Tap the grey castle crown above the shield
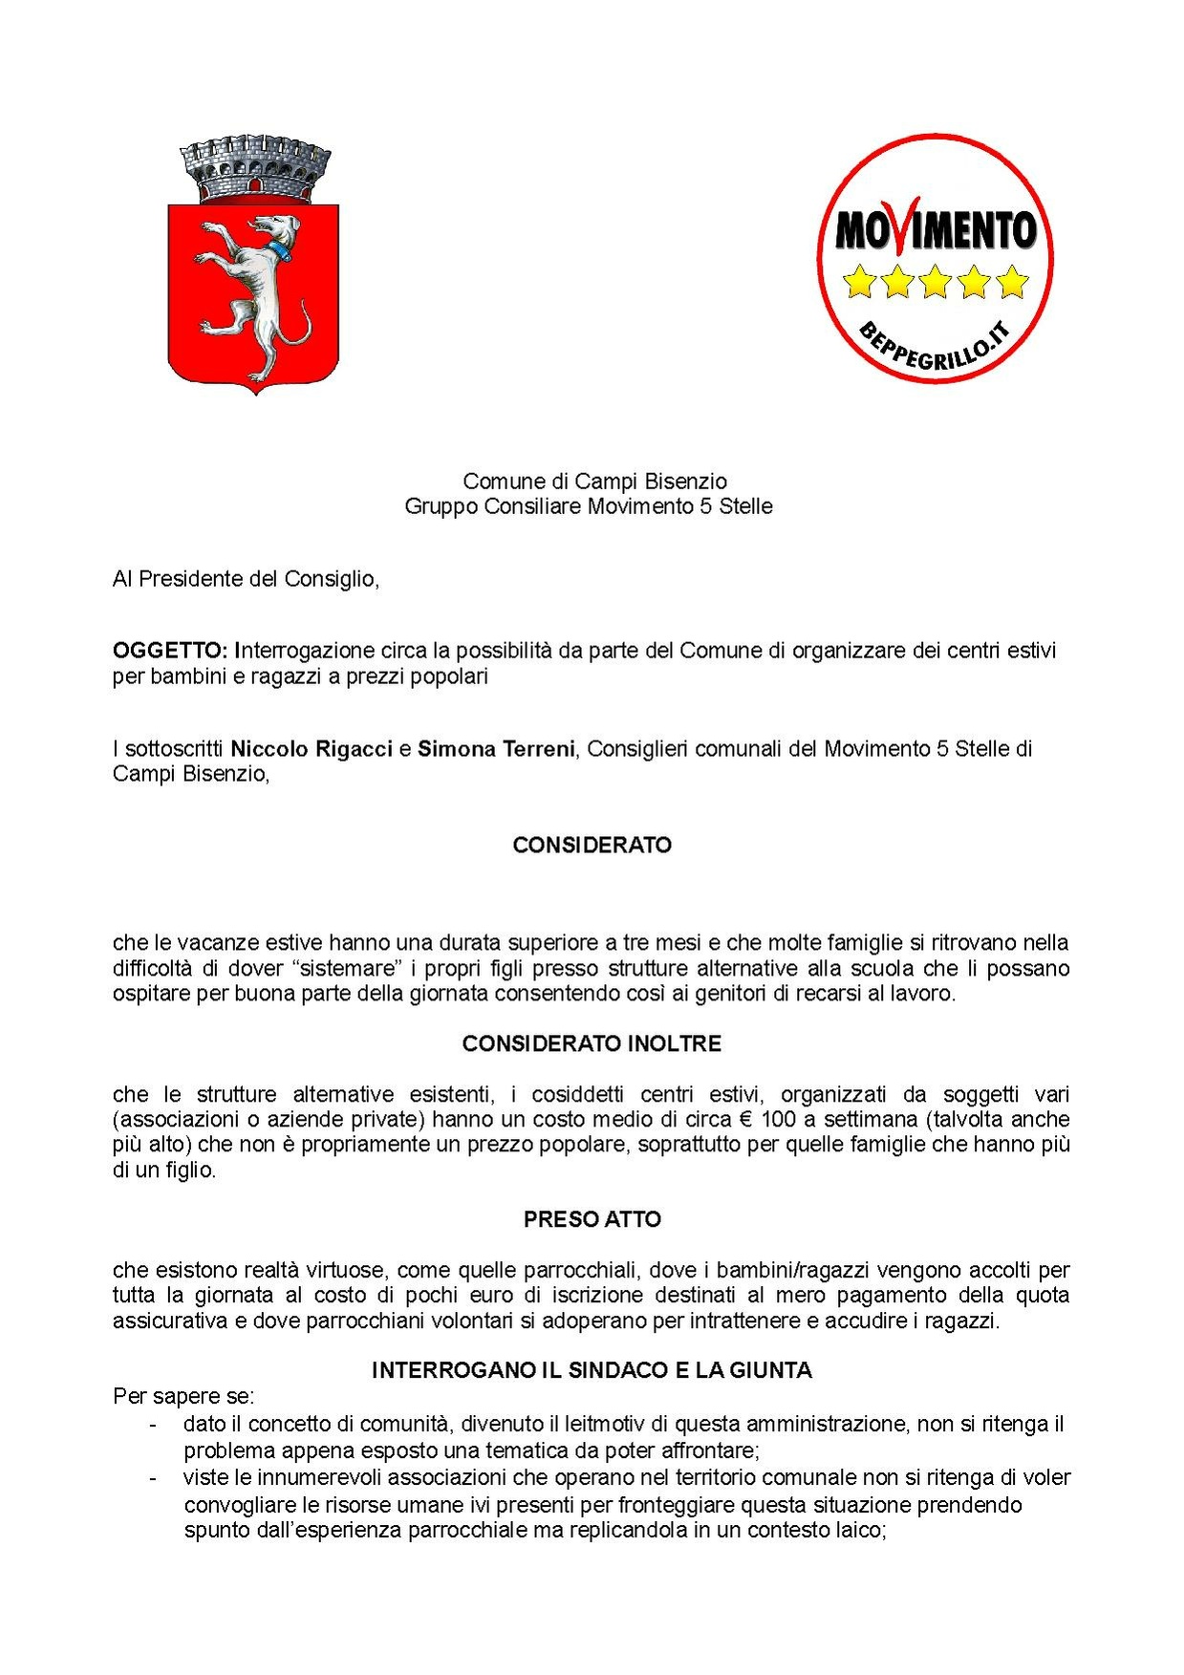256,169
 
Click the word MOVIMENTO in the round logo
935,230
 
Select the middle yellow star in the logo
935,282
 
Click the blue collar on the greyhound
279,250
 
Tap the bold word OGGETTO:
170,651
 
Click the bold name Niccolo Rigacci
312,748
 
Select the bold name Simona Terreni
496,748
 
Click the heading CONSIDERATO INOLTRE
592,1043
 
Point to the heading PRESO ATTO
592,1219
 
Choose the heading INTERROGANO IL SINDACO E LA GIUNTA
592,1370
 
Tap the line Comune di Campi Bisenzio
594,481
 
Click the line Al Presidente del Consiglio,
246,578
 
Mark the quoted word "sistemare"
346,968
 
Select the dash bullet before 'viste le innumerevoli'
153,1478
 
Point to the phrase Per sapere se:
183,1396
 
